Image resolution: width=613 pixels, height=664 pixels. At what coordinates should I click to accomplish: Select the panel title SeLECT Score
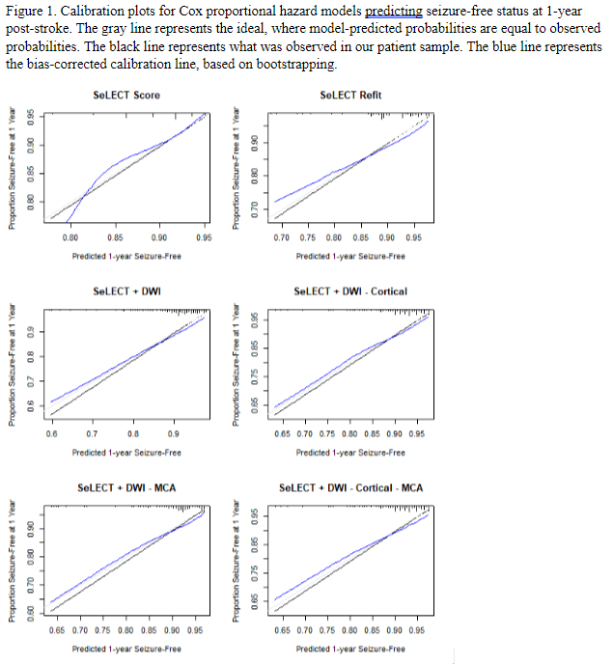[126, 95]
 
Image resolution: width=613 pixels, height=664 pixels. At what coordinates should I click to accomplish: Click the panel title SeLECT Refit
[350, 95]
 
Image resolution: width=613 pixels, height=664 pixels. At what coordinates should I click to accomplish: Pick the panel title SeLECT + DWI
[126, 290]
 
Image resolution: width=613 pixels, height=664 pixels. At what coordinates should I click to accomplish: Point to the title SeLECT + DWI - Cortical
[350, 290]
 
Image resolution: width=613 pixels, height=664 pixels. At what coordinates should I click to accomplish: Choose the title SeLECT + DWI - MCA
[126, 488]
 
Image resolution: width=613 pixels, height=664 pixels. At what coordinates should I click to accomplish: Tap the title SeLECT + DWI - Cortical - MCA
[350, 488]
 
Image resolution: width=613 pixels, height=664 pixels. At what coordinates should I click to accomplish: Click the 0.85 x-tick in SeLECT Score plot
[115, 236]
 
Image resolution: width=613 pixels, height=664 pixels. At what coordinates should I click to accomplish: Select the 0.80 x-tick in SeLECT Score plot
[70, 236]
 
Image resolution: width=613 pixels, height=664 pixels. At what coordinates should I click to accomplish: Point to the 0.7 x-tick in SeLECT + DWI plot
[92, 434]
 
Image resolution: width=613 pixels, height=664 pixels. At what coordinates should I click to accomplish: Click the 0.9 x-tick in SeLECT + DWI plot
[173, 434]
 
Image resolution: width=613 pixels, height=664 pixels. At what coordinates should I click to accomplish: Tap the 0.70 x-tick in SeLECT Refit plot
[281, 236]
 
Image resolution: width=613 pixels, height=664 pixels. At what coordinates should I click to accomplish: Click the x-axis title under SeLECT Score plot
[126, 256]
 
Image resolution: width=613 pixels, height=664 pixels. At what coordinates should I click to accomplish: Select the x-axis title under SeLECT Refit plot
[350, 256]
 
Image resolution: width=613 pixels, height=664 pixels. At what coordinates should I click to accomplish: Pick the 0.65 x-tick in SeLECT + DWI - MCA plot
[56, 630]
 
